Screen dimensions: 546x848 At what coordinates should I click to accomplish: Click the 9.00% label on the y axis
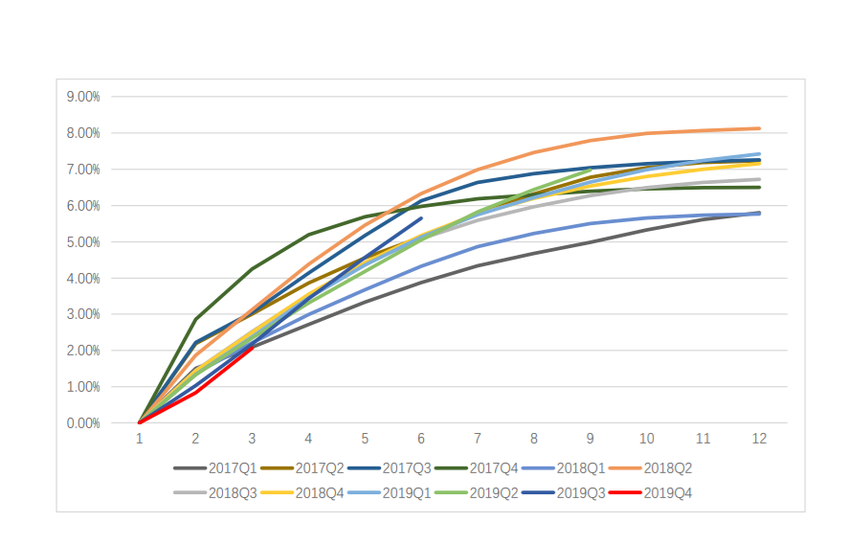tap(82, 97)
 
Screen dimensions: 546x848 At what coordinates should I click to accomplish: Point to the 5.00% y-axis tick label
tap(82, 242)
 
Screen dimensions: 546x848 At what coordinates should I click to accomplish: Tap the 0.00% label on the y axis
tap(82, 423)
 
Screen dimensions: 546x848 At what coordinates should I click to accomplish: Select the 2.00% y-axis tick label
tap(82, 351)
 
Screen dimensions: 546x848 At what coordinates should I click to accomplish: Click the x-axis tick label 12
tap(759, 439)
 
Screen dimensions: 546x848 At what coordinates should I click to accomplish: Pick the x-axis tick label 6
tap(421, 439)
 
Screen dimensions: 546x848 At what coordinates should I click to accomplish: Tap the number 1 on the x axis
tap(140, 439)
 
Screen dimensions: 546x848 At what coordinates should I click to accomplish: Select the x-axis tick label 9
tap(591, 439)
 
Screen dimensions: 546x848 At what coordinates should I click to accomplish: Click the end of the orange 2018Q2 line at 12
tap(759, 128)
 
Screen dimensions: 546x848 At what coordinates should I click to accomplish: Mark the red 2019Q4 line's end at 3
tap(252, 348)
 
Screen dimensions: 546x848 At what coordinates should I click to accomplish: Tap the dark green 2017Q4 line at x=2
tap(195, 319)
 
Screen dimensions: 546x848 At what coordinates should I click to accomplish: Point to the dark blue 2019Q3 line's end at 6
tap(421, 218)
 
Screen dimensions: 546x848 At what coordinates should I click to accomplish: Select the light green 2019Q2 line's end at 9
tap(590, 171)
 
